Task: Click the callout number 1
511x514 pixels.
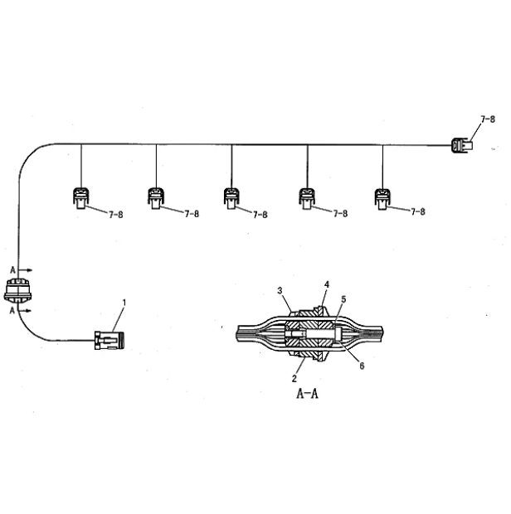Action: (124, 303)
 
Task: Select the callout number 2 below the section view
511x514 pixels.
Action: (294, 378)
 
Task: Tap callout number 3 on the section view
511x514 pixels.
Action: (280, 290)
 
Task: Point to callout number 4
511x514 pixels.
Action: (327, 284)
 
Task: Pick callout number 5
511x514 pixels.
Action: (343, 299)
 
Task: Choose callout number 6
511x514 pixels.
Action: (362, 366)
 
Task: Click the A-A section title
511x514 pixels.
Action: (307, 393)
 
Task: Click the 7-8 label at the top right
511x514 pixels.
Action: (488, 119)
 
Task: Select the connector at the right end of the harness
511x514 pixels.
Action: (462, 145)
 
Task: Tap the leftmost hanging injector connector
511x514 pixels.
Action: (80, 198)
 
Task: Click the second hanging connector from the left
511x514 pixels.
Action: (156, 198)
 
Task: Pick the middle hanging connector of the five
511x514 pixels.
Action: (231, 198)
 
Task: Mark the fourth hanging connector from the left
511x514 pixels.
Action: (307, 198)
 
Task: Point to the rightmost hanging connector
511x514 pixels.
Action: (382, 199)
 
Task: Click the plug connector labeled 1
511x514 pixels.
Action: (109, 340)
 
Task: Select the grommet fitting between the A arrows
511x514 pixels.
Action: (17, 290)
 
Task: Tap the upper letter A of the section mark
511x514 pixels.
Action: (12, 270)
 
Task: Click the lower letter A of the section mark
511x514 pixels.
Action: (12, 310)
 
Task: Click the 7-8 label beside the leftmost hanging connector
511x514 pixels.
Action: (116, 215)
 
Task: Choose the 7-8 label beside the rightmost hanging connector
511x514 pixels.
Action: (418, 211)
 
